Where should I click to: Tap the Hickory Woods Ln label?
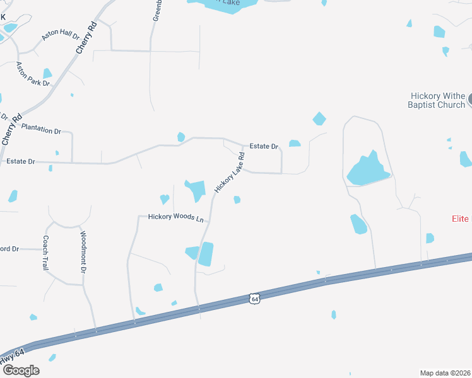pos(176,217)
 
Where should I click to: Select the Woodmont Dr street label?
pos(83,252)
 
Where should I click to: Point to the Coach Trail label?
pos(45,253)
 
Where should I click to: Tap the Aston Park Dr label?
pos(32,74)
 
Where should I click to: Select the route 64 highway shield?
pos(254,299)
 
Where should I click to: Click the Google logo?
pos(20,370)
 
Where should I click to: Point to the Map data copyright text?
pos(445,373)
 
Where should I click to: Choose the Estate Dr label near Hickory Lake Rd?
pos(264,146)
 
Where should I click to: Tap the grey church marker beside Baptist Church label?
pos(470,100)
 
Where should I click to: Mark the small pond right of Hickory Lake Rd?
pos(237,200)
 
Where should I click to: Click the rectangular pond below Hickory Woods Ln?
pos(206,253)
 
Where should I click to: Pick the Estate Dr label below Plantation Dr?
pos(20,161)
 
